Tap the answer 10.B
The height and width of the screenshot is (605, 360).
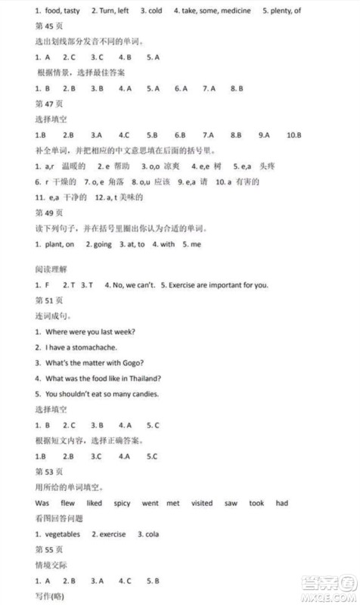tap(294, 135)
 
